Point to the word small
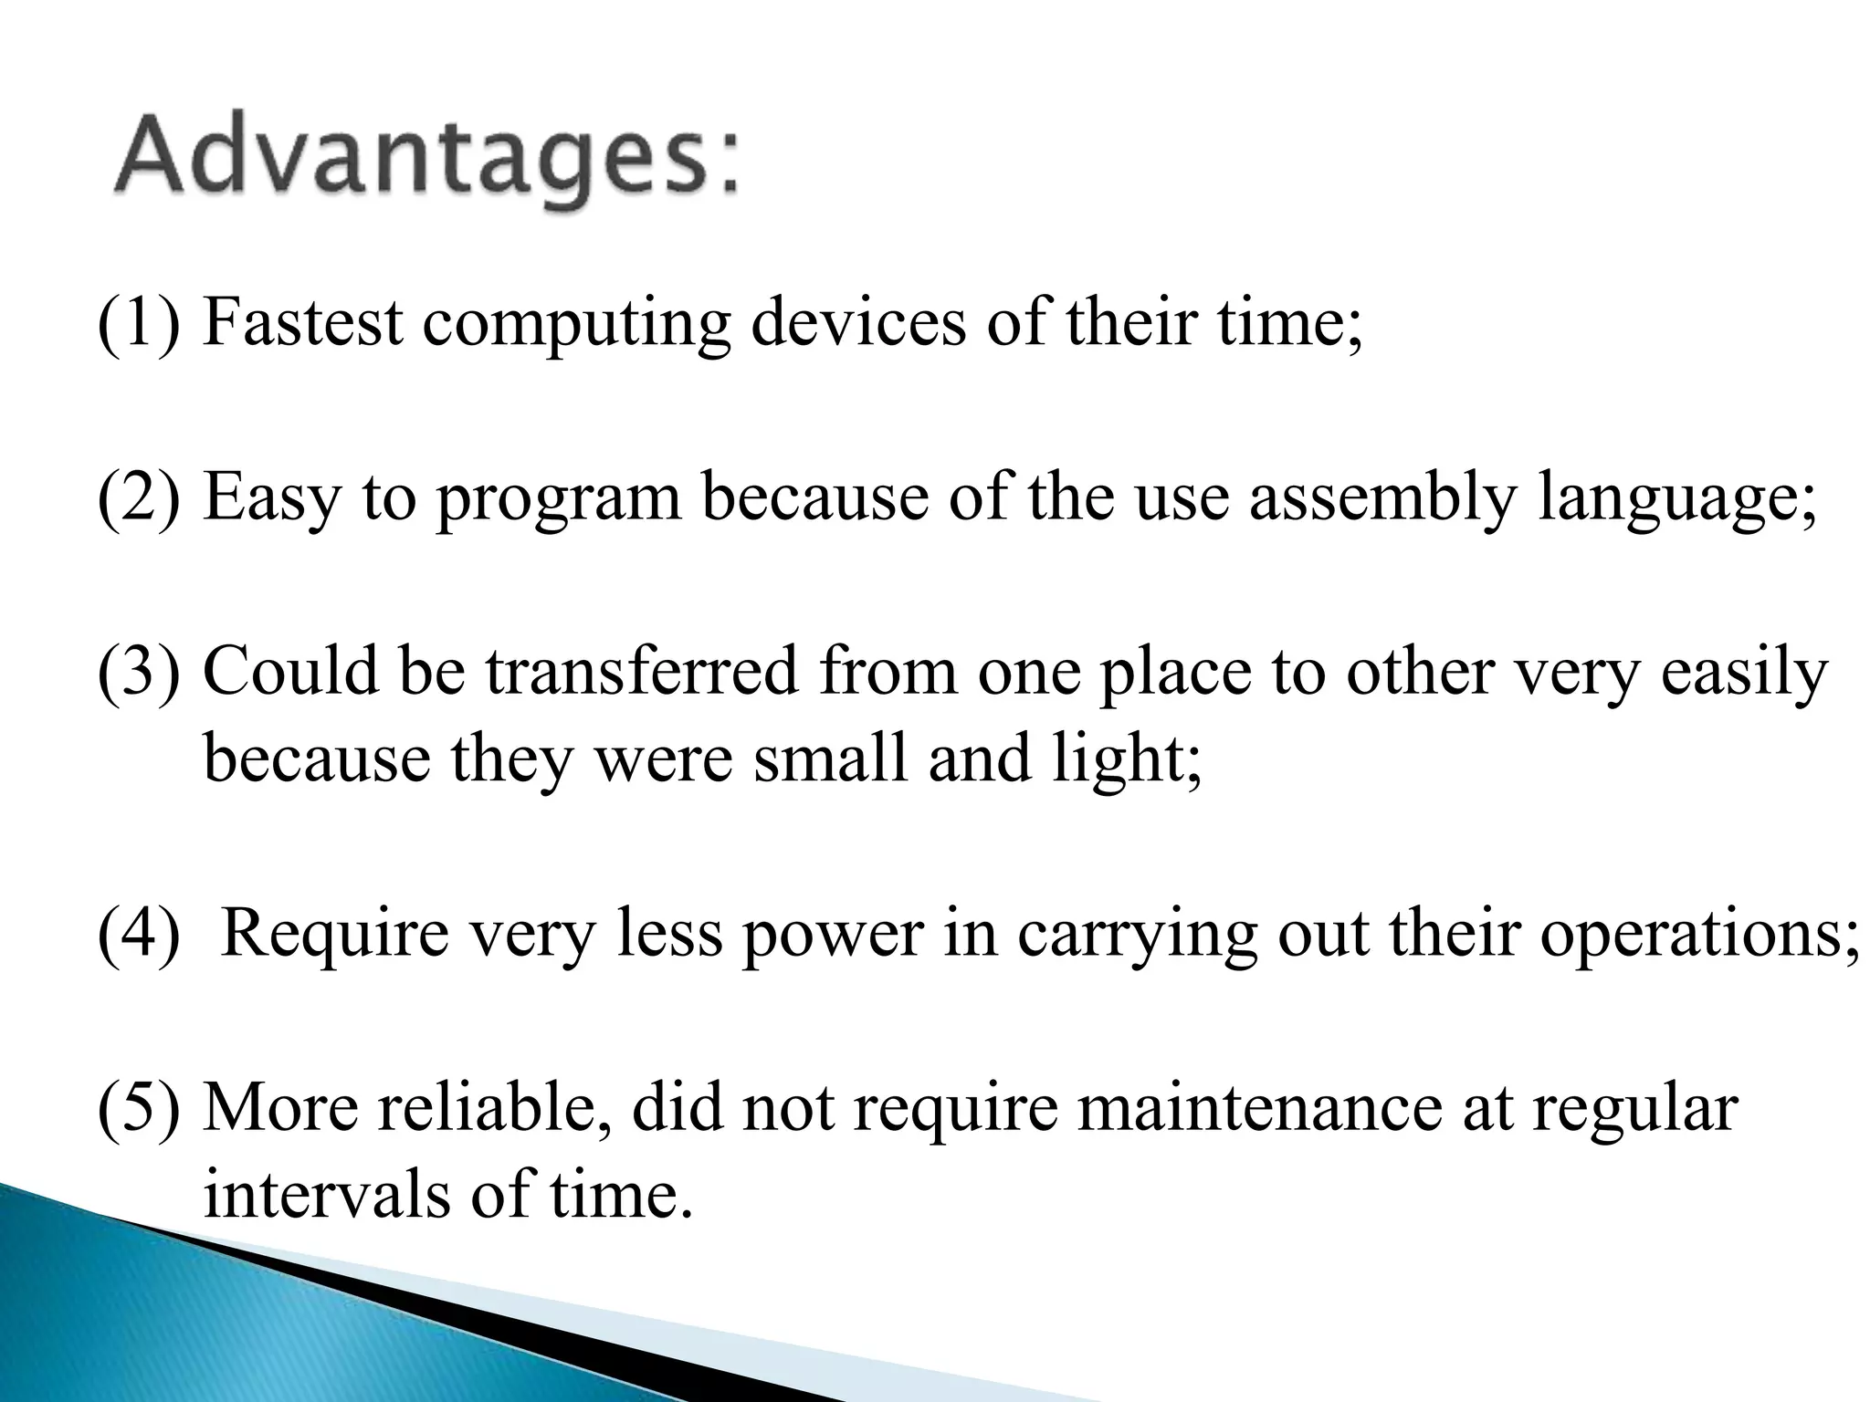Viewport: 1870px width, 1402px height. pyautogui.click(x=831, y=759)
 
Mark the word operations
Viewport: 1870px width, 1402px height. pyautogui.click(x=1699, y=935)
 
